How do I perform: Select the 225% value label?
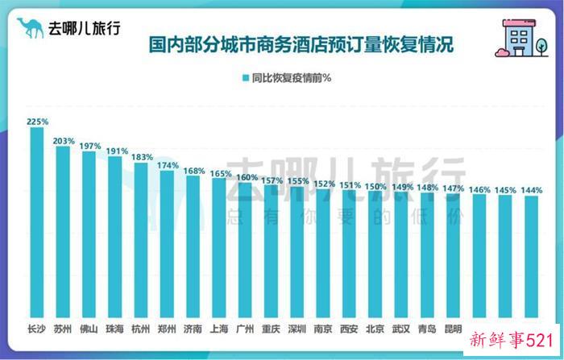coord(37,122)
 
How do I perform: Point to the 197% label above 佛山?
coord(89,146)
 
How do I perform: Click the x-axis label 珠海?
coord(115,329)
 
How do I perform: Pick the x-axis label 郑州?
coord(168,329)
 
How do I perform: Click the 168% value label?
coord(193,170)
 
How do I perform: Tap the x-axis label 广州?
coord(246,329)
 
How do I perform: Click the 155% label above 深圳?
coord(297,181)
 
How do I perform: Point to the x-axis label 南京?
coord(323,329)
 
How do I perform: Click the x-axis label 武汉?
coord(401,329)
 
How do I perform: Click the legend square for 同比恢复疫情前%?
coord(243,78)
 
